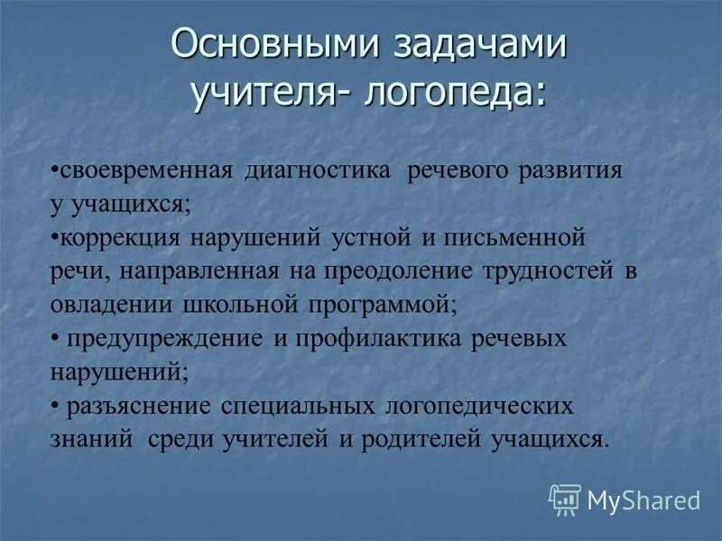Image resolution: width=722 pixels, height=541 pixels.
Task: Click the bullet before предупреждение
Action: click(x=55, y=338)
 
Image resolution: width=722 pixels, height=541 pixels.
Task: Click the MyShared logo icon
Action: click(x=565, y=499)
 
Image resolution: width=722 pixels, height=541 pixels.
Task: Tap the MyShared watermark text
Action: click(x=643, y=500)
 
